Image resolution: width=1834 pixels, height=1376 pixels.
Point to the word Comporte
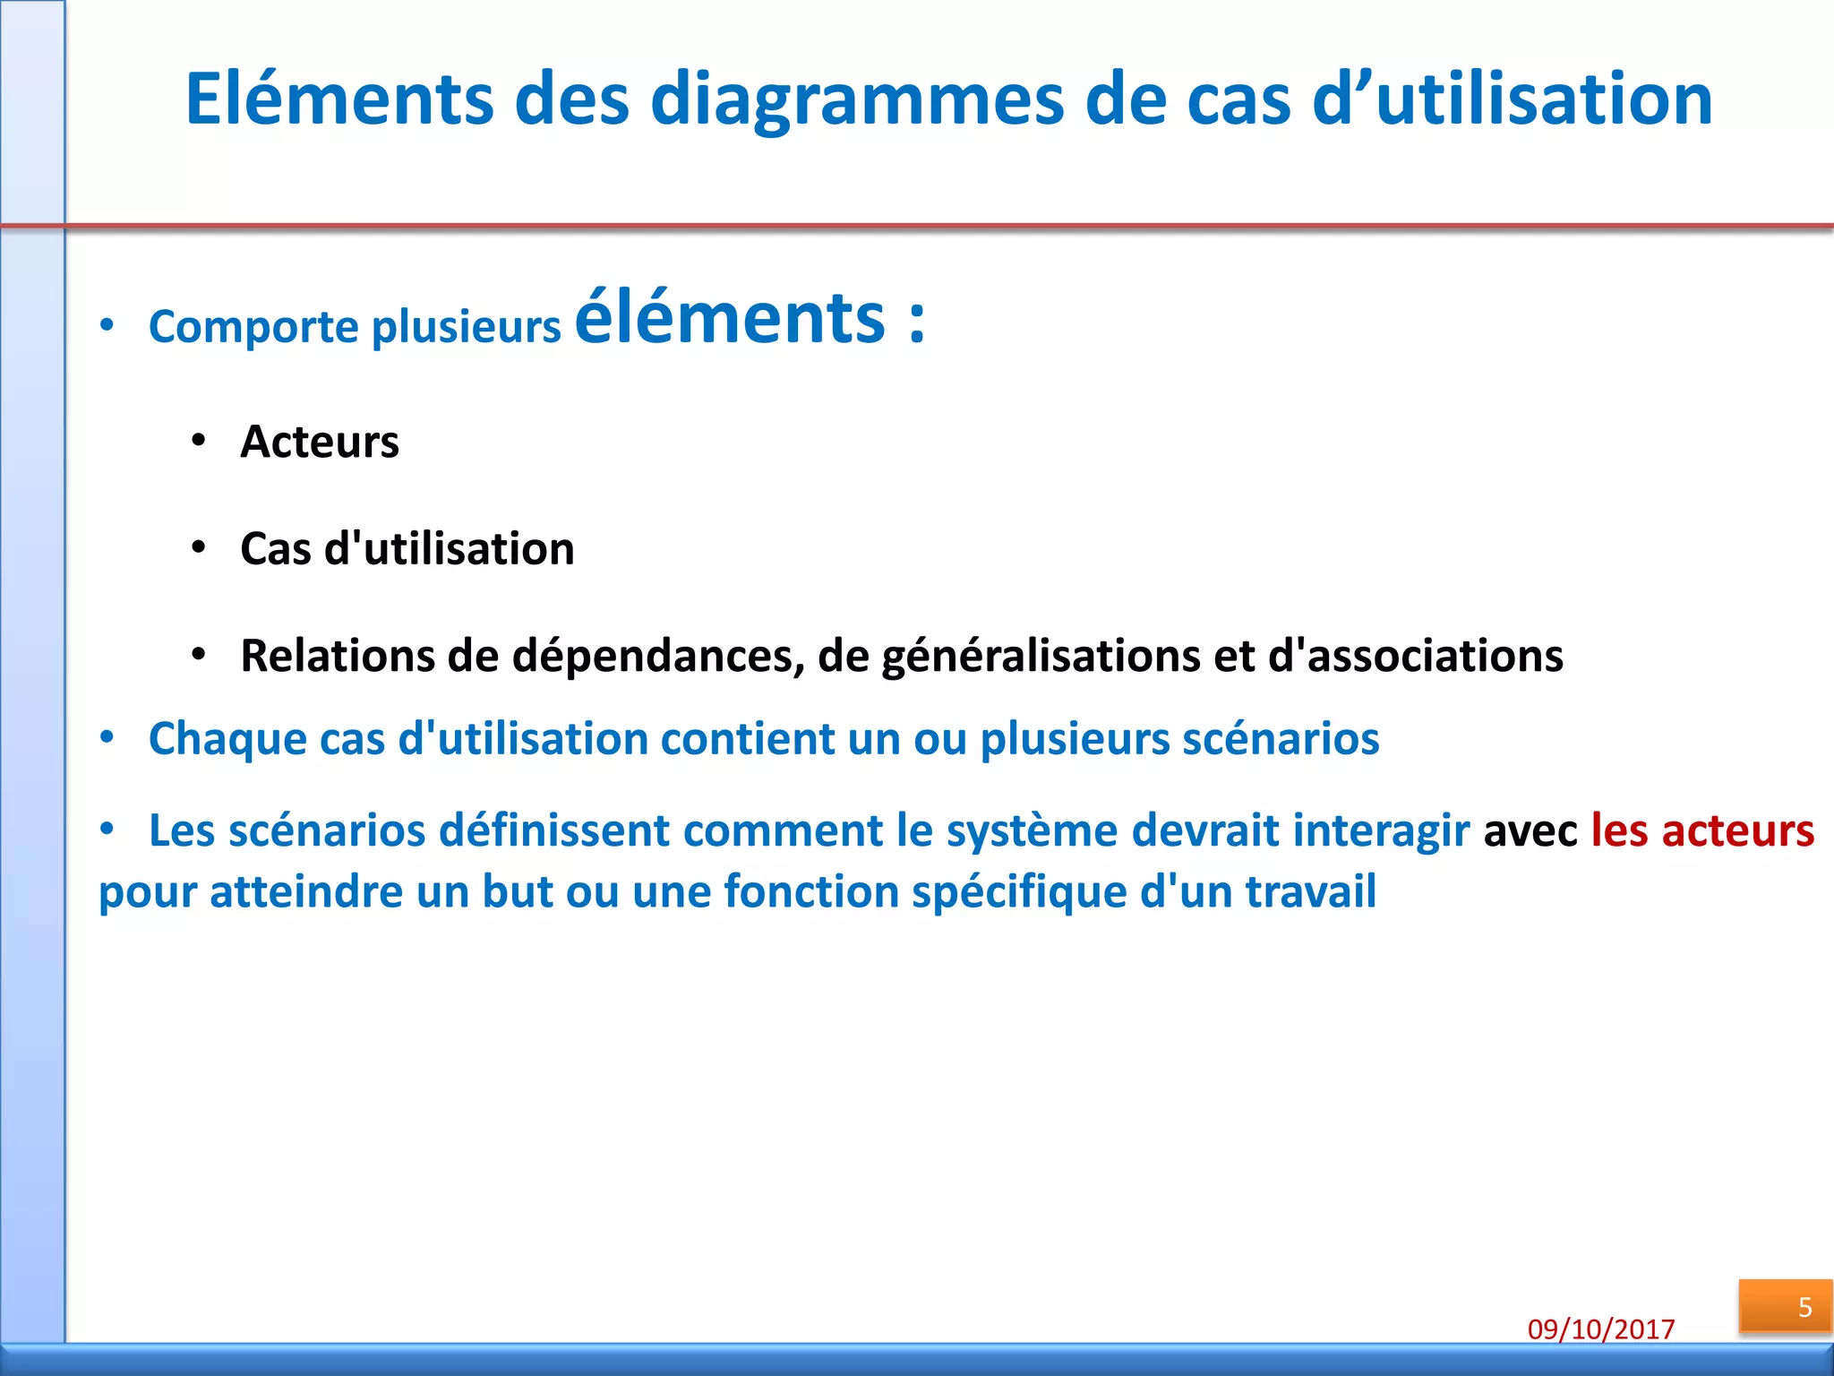click(x=253, y=326)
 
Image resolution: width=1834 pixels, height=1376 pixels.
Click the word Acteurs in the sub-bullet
click(x=320, y=442)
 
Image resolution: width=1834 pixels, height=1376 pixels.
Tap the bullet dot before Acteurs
click(x=199, y=441)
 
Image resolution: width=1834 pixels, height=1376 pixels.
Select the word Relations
click(x=338, y=656)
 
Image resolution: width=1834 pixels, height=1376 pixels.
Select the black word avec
click(x=1530, y=830)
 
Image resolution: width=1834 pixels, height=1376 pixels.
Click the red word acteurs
click(x=1738, y=830)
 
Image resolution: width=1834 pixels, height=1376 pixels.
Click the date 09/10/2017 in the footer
click(x=1601, y=1329)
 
